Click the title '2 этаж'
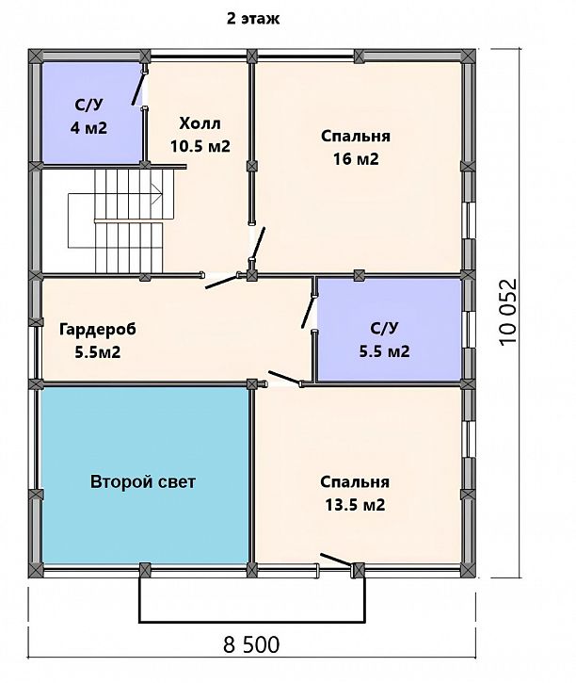point(253,19)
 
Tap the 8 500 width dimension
point(251,644)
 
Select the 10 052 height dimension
point(508,312)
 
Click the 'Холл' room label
point(200,123)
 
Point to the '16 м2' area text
point(356,159)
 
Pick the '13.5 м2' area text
point(355,505)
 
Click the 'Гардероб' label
point(98,330)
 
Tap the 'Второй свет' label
point(143,481)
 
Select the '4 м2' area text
point(88,128)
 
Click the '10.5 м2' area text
point(200,146)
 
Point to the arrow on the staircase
point(156,193)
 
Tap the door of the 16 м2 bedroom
point(258,243)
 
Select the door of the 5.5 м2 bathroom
point(309,311)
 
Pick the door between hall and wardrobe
point(221,281)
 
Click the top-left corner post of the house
point(35,57)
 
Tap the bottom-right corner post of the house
point(468,570)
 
